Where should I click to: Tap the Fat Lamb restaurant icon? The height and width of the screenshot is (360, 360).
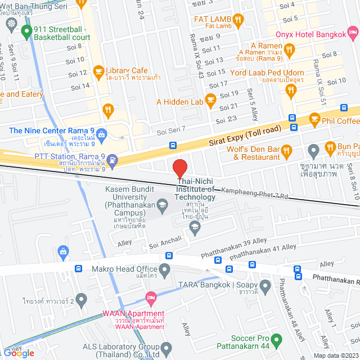click(238, 20)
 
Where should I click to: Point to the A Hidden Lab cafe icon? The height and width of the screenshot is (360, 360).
click(211, 102)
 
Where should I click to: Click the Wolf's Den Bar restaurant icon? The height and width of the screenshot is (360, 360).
click(287, 150)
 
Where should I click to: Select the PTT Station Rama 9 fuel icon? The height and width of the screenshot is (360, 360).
click(112, 160)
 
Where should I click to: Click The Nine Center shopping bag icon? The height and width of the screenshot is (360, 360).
click(101, 134)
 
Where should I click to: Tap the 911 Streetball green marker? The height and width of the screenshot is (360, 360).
click(26, 32)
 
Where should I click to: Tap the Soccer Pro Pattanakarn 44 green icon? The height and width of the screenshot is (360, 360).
click(276, 340)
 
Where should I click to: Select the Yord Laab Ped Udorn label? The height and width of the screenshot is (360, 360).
click(267, 73)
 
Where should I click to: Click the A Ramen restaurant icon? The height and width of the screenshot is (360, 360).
click(290, 51)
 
